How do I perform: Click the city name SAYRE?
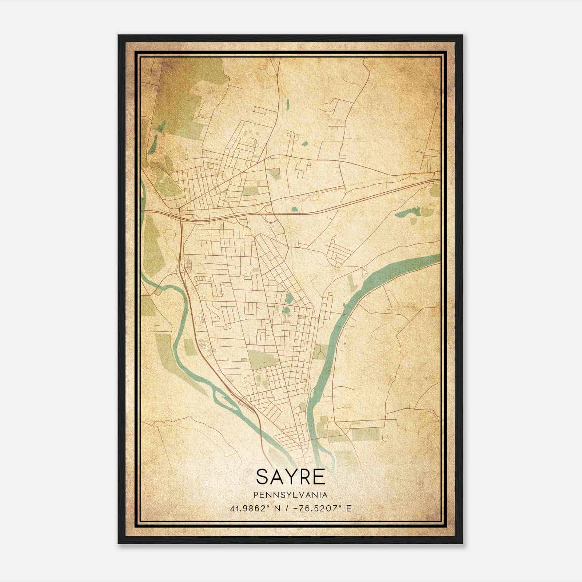(x=291, y=477)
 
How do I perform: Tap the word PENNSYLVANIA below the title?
(x=291, y=495)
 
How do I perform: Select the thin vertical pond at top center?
(x=287, y=104)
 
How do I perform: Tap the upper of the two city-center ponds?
(x=288, y=299)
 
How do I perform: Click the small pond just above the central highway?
(x=294, y=209)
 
